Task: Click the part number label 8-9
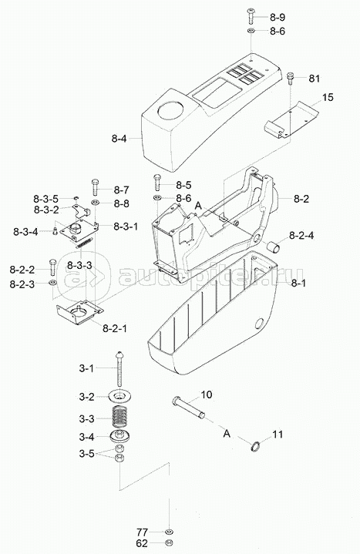pyautogui.click(x=278, y=17)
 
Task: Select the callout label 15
pyautogui.click(x=328, y=97)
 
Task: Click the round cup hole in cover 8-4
pyautogui.click(x=171, y=109)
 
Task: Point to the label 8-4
pyautogui.click(x=119, y=139)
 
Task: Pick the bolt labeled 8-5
pyautogui.click(x=157, y=183)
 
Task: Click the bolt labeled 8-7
pyautogui.click(x=96, y=186)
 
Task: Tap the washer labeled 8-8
pyautogui.click(x=96, y=203)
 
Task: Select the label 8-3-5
pyautogui.click(x=46, y=199)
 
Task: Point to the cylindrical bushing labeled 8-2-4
pyautogui.click(x=274, y=247)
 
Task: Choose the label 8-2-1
pyautogui.click(x=115, y=328)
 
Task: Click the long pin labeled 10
pyautogui.click(x=189, y=408)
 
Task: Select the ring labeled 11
pyautogui.click(x=256, y=446)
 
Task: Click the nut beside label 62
pyautogui.click(x=169, y=543)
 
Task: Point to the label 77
pyautogui.click(x=143, y=532)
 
